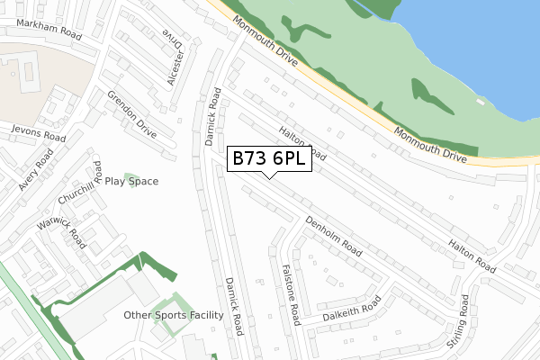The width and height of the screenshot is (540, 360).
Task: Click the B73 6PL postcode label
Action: pyautogui.click(x=269, y=158)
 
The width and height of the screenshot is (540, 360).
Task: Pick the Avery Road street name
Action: pyautogui.click(x=36, y=169)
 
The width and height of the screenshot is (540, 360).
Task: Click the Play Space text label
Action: pyautogui.click(x=131, y=181)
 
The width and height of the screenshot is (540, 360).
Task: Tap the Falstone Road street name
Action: pyautogui.click(x=290, y=293)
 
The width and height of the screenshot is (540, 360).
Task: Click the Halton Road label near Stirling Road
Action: pyautogui.click(x=472, y=257)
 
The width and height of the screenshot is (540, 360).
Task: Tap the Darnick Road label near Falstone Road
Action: pyautogui.click(x=234, y=305)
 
